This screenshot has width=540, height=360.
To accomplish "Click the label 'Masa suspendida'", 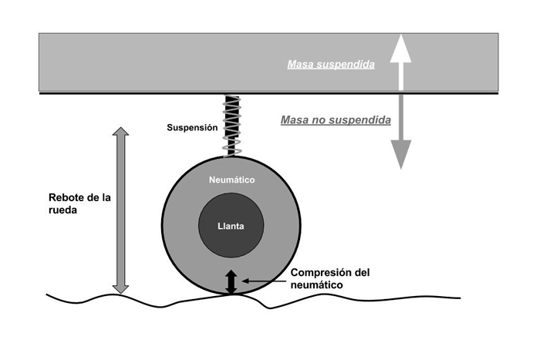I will [331, 65].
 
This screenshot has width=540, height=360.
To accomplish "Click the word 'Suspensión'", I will [192, 127].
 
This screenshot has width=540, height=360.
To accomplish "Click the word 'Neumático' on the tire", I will [232, 180].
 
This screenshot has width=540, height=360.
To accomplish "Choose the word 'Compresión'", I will [316, 272].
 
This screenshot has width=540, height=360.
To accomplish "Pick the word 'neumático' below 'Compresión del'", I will [317, 285].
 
